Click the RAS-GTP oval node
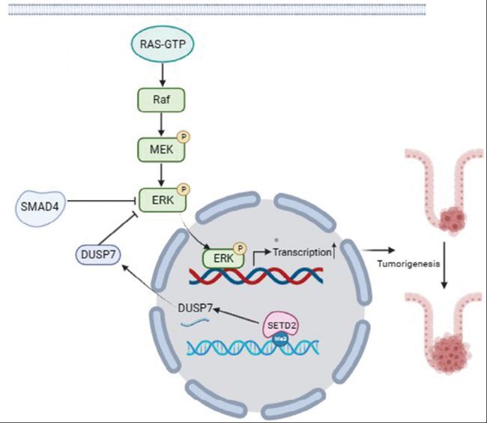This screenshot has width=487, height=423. point(163,43)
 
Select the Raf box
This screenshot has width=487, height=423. point(161,100)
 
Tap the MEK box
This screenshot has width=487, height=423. point(161,150)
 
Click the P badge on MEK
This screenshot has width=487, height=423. point(184,136)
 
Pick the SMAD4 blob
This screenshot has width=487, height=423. point(40,206)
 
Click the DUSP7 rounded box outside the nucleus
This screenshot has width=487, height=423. point(98,255)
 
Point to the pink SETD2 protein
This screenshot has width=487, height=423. point(281,325)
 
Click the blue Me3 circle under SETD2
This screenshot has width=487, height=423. point(281,340)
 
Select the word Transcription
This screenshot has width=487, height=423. point(302,252)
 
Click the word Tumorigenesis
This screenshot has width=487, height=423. point(408,264)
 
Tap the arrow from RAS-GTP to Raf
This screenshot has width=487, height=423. point(163,74)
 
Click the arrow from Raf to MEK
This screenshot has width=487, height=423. point(161,124)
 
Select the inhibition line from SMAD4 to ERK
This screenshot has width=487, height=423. point(101,201)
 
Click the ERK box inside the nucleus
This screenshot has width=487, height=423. point(223,258)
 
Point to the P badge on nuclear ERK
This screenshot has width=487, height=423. point(240,248)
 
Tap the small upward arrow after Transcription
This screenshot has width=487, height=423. point(334,250)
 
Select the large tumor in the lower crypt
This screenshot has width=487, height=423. point(450,352)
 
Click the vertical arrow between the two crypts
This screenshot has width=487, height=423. point(444,265)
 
